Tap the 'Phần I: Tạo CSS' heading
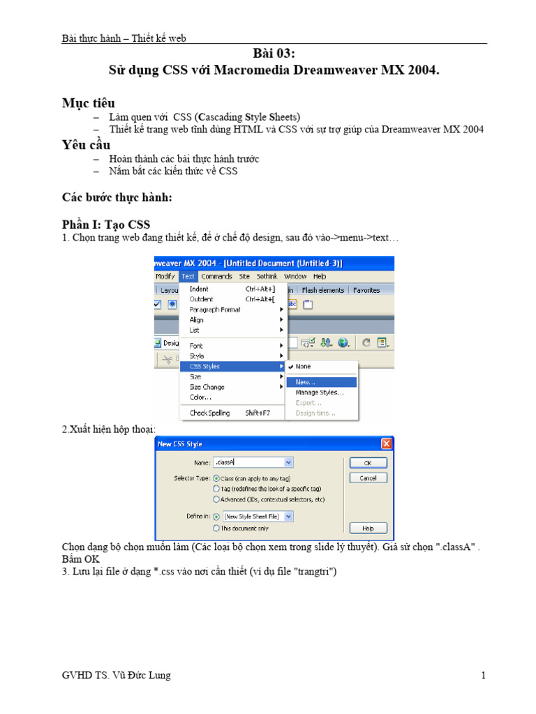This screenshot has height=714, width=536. [x=106, y=224]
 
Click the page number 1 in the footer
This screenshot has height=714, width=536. [x=482, y=675]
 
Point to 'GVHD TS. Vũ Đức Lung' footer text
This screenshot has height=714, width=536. [x=116, y=675]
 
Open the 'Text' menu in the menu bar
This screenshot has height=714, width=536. [x=188, y=276]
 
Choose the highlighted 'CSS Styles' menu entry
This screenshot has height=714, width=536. [x=205, y=366]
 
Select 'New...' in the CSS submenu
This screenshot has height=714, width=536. [x=306, y=382]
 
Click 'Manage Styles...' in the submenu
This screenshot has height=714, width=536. [x=319, y=392]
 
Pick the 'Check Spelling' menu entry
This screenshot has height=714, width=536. [x=209, y=413]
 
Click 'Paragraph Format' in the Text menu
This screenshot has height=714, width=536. [x=214, y=310]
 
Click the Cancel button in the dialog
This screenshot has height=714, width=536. [x=368, y=478]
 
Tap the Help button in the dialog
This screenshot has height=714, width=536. [x=368, y=529]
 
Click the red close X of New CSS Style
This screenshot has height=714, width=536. [x=386, y=443]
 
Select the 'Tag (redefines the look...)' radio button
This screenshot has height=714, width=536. [x=216, y=489]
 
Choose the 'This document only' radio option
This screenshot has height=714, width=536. [x=216, y=528]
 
